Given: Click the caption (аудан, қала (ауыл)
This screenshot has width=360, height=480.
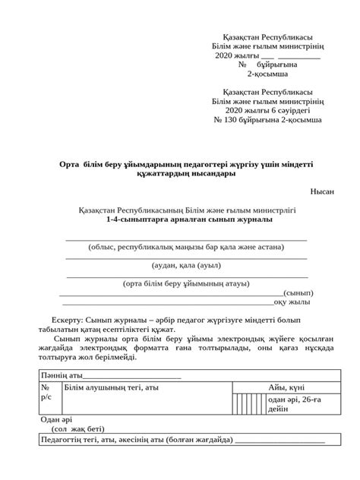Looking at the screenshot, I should (x=186, y=266).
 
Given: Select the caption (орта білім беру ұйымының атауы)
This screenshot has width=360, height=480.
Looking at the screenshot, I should (x=186, y=283).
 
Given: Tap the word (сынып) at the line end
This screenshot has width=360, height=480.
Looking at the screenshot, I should (x=298, y=292).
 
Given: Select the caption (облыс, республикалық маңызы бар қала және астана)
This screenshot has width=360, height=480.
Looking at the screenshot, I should (x=186, y=247).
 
